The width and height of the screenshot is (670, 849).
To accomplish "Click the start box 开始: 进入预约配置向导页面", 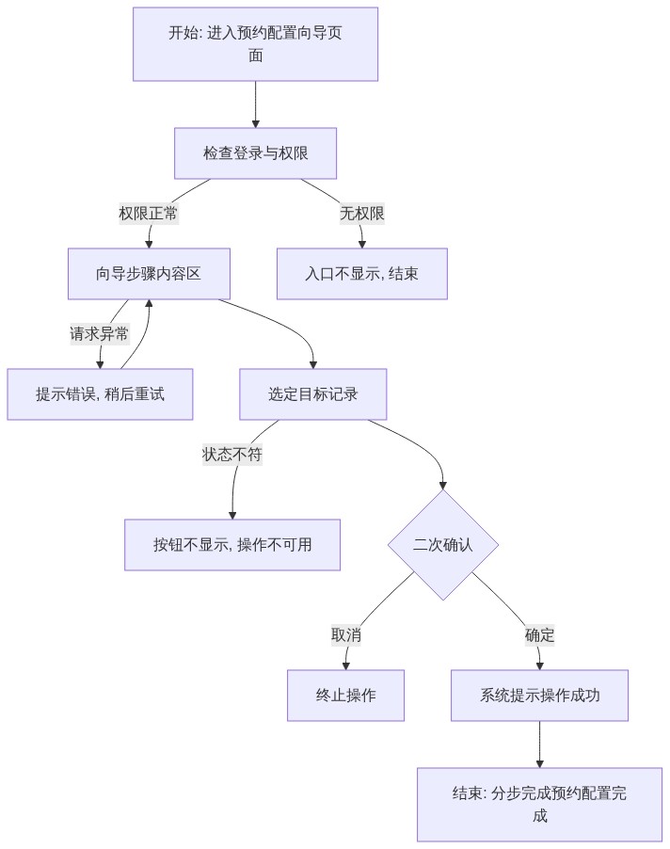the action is tap(255, 44).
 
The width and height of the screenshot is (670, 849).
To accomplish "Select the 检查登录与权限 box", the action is tap(255, 153).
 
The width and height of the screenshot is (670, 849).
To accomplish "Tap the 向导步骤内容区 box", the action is tap(149, 274).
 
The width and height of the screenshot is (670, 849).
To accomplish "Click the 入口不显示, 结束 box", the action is tap(362, 274).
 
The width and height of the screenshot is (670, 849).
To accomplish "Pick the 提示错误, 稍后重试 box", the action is tap(100, 394).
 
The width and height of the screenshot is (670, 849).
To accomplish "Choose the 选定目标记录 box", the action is tap(312, 394).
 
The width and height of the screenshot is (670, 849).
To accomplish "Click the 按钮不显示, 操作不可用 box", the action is tap(232, 545).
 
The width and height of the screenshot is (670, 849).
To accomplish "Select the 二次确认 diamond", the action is tap(442, 545).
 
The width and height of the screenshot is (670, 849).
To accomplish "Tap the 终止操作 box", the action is tap(346, 696).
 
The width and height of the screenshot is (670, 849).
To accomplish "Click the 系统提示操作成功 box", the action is tap(539, 696).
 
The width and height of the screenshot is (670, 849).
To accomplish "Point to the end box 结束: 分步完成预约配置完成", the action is tap(539, 805).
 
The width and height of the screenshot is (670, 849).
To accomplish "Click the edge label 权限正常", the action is tap(149, 214).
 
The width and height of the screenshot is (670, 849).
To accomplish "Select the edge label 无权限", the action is tap(362, 214).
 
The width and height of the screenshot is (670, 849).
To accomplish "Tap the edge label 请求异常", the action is tap(100, 334).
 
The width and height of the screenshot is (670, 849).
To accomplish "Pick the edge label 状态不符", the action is tap(232, 455).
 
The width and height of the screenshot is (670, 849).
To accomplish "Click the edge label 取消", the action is tap(346, 635).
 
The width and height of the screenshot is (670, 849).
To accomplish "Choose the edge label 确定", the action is tap(539, 635).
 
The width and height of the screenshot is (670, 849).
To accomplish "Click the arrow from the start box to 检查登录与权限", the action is tap(255, 104).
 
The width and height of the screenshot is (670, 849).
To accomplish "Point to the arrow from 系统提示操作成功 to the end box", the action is tap(539, 744).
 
